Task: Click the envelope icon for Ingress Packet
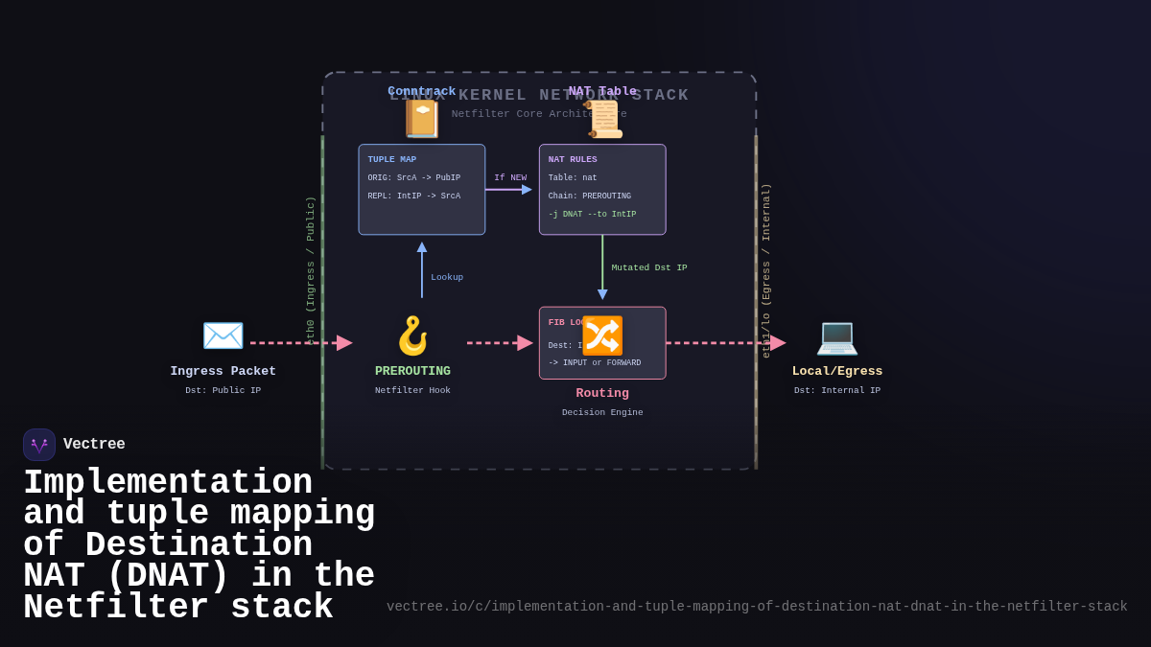click(223, 335)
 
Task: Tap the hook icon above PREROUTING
click(412, 335)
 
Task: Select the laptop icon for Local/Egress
click(836, 336)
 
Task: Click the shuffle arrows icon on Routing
click(602, 335)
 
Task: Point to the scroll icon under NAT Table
click(602, 120)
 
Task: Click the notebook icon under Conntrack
click(422, 119)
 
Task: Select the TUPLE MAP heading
click(391, 160)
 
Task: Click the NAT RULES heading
click(573, 160)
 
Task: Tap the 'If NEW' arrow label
click(510, 178)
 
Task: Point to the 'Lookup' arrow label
click(447, 277)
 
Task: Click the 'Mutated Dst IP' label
click(649, 267)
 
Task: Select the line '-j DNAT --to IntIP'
click(592, 215)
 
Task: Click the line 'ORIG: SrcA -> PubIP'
click(413, 178)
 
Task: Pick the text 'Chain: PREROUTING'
click(589, 196)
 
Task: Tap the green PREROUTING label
click(412, 371)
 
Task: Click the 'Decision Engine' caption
click(602, 413)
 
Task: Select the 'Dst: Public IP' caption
click(223, 391)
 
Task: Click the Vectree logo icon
click(39, 445)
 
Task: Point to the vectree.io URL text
click(757, 607)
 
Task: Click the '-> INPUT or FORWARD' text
click(594, 363)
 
